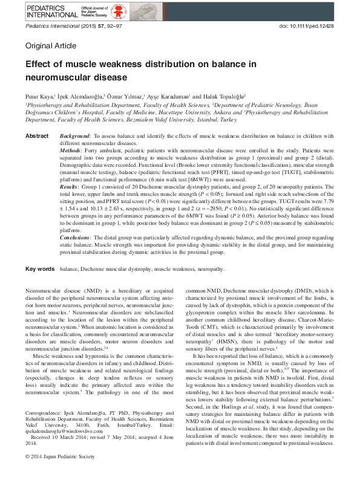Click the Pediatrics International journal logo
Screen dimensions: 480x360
click(x=49, y=10)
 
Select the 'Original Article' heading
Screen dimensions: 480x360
click(x=51, y=46)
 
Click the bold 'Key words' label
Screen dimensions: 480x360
click(x=40, y=268)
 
